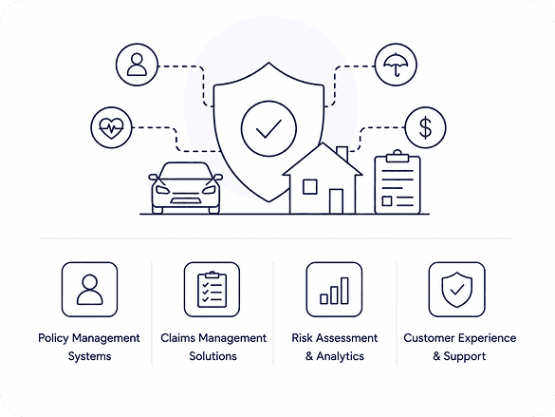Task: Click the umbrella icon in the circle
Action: click(396, 64)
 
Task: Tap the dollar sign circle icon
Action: click(425, 127)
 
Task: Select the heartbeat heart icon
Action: click(112, 127)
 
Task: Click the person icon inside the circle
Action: click(137, 65)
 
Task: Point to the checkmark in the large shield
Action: click(268, 128)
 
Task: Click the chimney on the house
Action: click(342, 154)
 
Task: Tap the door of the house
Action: click(336, 201)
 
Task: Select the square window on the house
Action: click(310, 187)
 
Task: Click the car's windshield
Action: click(185, 171)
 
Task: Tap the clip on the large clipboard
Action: click(398, 156)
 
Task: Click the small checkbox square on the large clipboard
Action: click(387, 200)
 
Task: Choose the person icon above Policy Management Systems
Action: click(90, 290)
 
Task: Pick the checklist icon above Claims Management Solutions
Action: click(212, 290)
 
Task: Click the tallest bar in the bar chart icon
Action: click(344, 291)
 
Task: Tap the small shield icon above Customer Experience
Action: click(457, 290)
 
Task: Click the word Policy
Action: click(53, 338)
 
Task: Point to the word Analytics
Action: click(341, 356)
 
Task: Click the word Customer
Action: click(427, 338)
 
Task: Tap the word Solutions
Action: click(213, 355)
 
